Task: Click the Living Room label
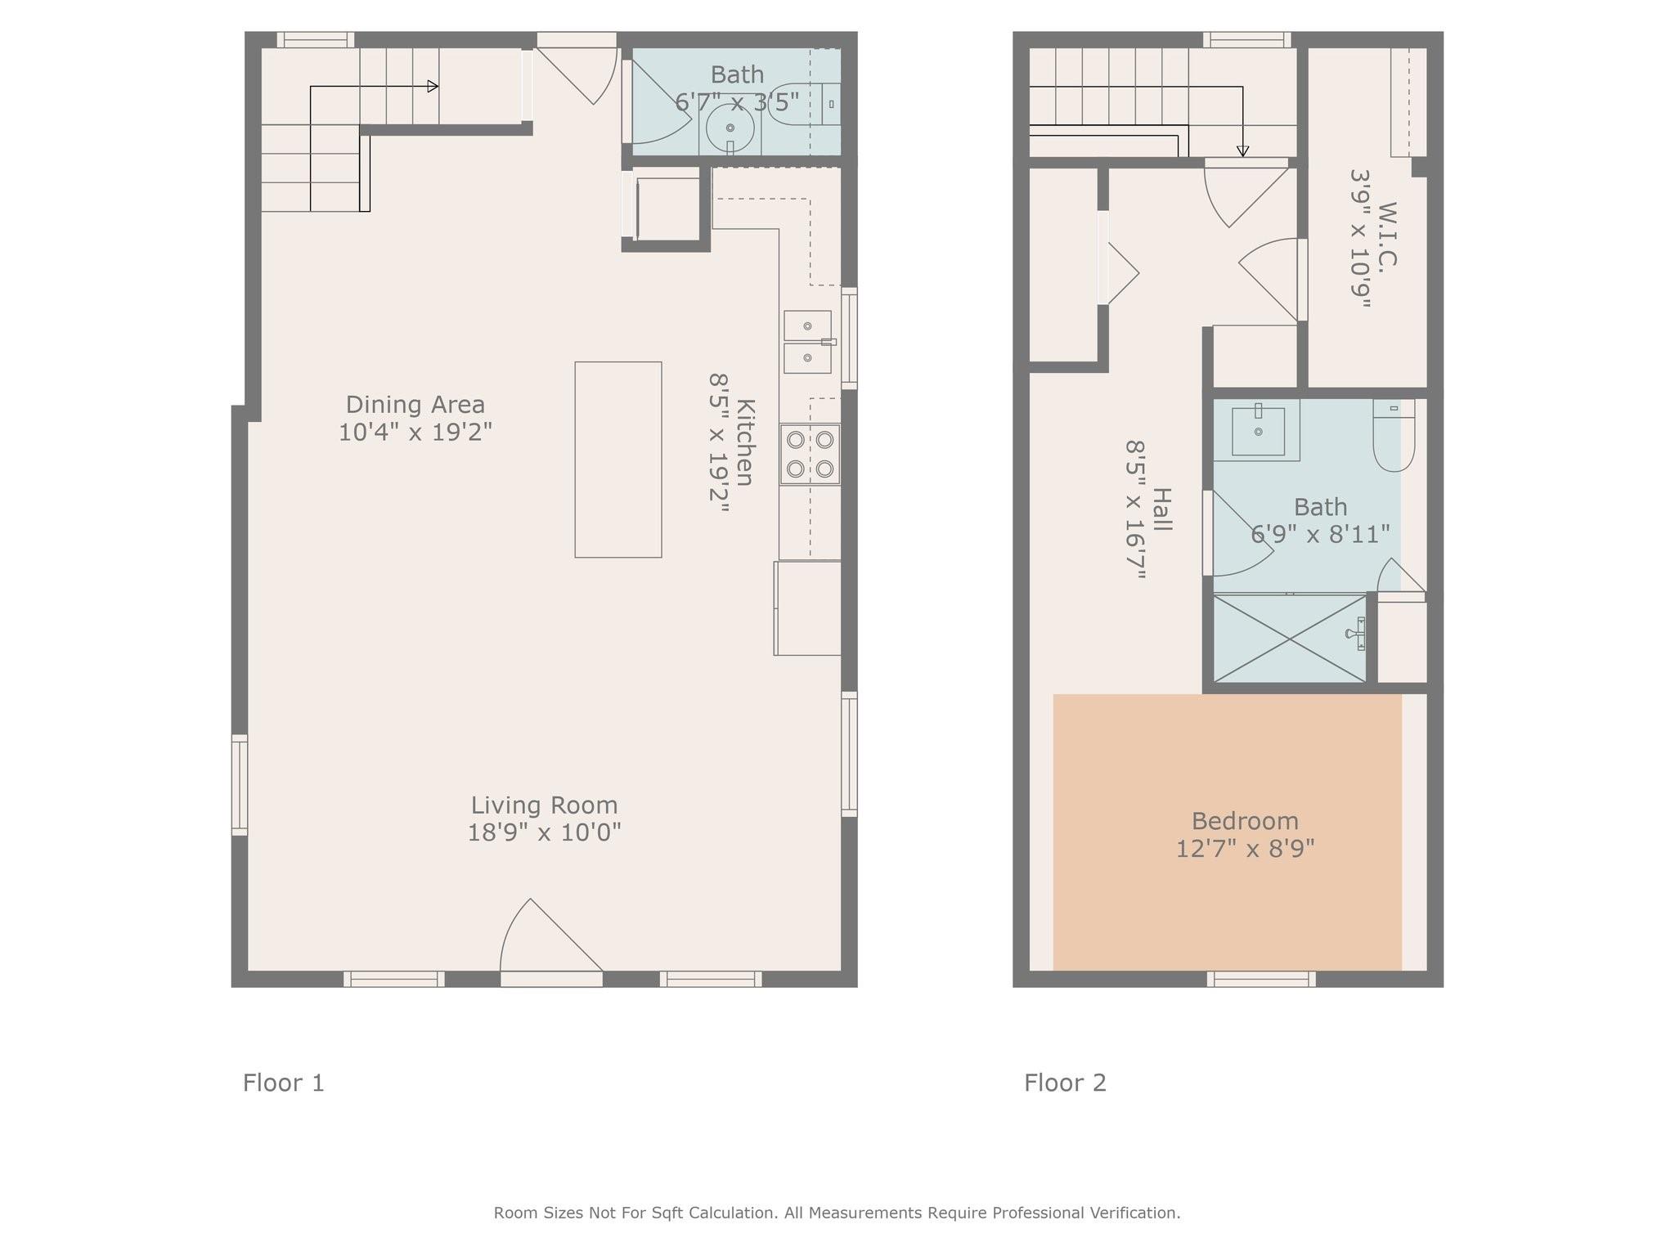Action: (x=544, y=805)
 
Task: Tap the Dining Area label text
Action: (x=415, y=405)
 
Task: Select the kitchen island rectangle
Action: (x=618, y=460)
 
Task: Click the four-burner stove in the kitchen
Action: (x=810, y=454)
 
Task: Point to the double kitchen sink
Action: (x=808, y=342)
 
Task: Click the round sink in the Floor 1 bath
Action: (x=730, y=128)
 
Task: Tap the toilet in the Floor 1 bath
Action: (x=806, y=104)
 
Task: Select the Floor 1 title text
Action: (x=284, y=1083)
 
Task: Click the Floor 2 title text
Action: (x=1065, y=1083)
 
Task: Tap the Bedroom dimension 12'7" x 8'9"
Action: (x=1245, y=849)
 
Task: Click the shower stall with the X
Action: (x=1290, y=638)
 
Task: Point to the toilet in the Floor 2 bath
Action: (x=1394, y=435)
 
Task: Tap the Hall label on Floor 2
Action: (x=1162, y=509)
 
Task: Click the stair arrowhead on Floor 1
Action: (x=433, y=87)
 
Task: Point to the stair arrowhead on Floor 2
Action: (x=1242, y=151)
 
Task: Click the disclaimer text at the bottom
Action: (x=837, y=1213)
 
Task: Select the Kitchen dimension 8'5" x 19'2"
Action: (x=718, y=443)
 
